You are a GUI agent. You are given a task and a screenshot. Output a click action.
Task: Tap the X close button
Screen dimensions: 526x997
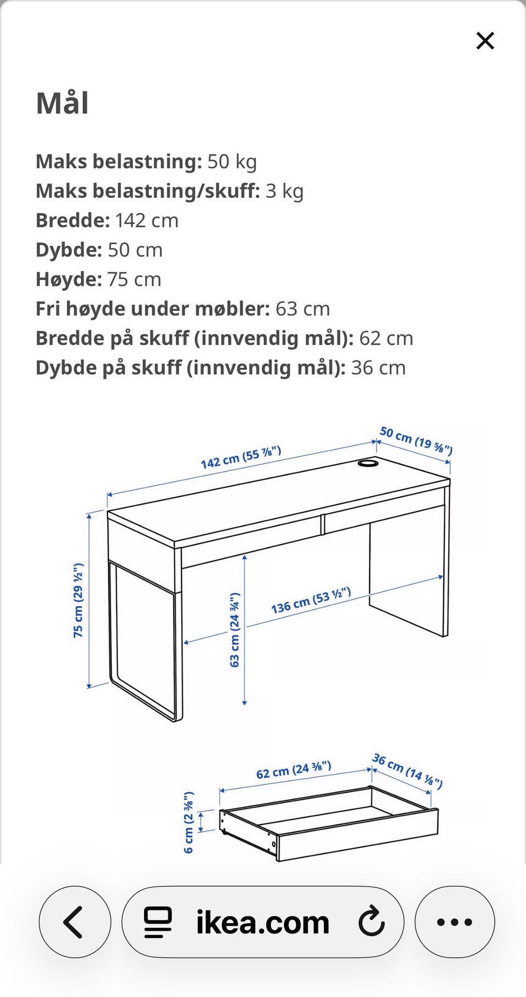(x=485, y=41)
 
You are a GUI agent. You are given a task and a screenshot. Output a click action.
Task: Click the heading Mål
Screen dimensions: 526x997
(x=62, y=103)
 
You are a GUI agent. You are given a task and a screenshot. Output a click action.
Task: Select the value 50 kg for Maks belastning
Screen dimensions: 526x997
(x=232, y=162)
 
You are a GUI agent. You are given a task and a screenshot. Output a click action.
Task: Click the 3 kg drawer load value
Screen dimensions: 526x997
(x=284, y=191)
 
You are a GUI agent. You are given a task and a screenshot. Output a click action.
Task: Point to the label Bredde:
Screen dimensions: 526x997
(x=73, y=220)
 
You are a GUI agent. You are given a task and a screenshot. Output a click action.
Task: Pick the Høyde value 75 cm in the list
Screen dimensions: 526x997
(x=134, y=279)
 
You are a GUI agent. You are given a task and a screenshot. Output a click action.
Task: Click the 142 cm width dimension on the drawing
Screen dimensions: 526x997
(x=241, y=457)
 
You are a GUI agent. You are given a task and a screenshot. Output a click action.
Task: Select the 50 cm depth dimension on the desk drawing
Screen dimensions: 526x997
(x=416, y=440)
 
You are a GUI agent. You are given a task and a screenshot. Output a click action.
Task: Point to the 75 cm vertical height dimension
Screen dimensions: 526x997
(x=78, y=600)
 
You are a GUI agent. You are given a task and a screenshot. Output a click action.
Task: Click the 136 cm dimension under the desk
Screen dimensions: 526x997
(x=311, y=600)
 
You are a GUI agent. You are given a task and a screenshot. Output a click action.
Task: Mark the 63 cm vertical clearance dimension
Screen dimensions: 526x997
(x=235, y=630)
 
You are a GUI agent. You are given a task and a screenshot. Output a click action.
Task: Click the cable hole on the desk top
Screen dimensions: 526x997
(x=368, y=463)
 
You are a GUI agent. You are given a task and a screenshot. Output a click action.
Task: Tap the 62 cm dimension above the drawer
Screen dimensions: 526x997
(x=294, y=770)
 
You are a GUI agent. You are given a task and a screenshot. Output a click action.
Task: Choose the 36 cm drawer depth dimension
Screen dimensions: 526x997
(x=407, y=771)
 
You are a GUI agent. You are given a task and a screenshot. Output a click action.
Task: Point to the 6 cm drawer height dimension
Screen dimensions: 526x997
(x=188, y=822)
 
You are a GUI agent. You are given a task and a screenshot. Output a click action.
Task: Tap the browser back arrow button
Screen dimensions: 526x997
(x=75, y=922)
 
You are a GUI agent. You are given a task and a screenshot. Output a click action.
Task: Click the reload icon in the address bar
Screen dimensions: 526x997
(x=371, y=921)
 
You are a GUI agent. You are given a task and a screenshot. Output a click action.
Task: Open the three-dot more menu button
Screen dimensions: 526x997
(x=455, y=922)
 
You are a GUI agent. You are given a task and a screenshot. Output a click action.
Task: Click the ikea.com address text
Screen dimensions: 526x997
(x=263, y=922)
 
